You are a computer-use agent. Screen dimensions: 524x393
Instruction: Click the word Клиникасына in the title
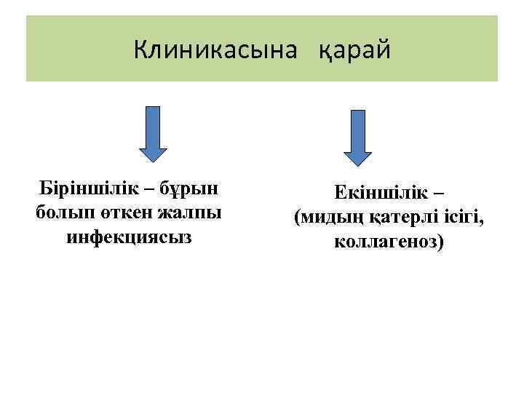[x=216, y=49]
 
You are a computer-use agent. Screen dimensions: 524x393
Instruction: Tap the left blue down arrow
[x=153, y=132]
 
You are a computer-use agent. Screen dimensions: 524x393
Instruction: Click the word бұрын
[x=188, y=190]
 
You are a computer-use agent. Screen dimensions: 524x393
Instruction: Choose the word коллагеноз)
[x=388, y=241]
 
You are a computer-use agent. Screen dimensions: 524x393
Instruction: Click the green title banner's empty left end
[x=65, y=48]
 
